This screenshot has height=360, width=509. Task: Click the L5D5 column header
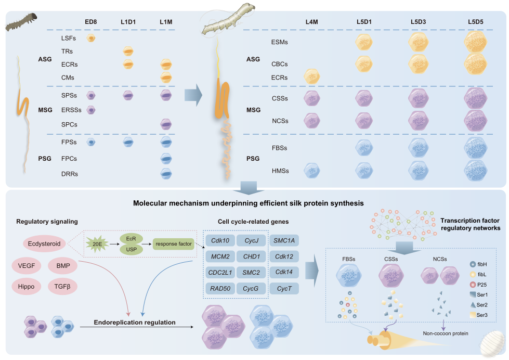tap(472, 22)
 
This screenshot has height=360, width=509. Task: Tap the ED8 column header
tap(91, 22)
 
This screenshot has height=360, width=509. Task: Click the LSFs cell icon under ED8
tap(91, 38)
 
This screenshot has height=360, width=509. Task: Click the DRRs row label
tap(70, 174)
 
